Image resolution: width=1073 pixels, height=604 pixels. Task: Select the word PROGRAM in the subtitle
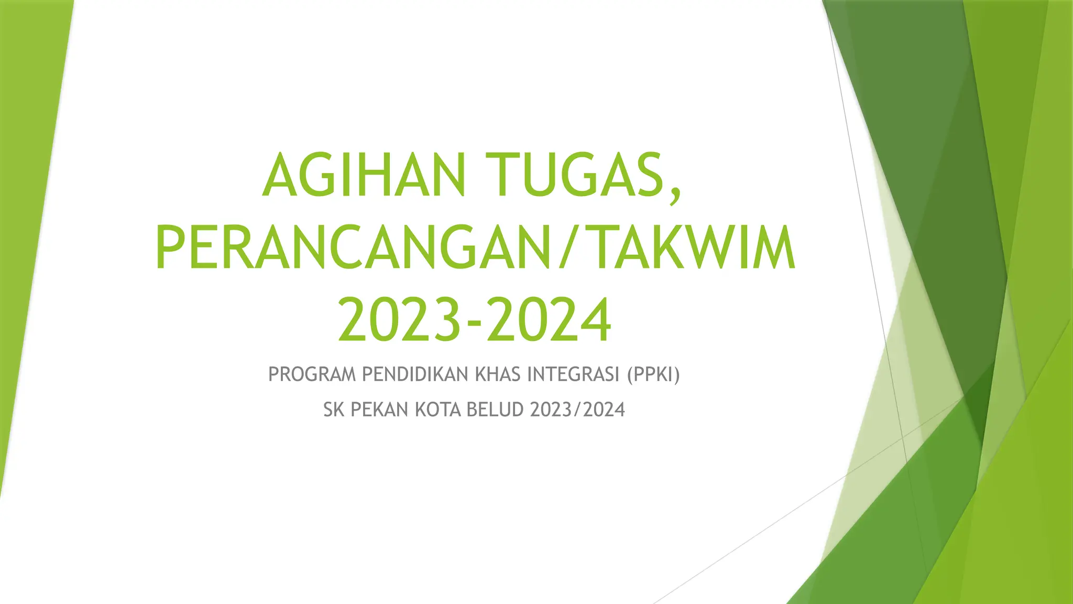[x=312, y=375]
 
